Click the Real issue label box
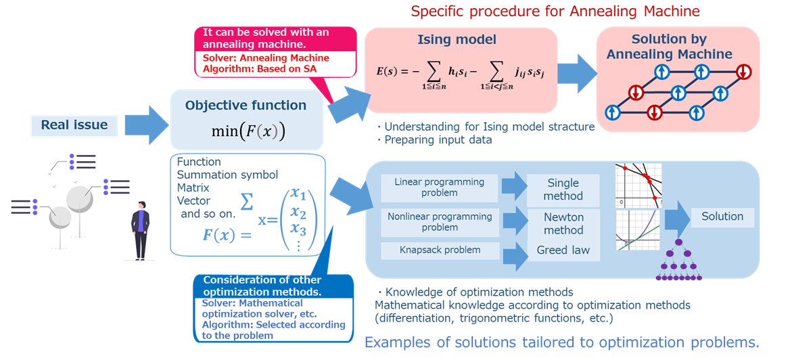[74, 125]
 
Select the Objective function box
[246, 119]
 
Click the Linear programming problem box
[439, 187]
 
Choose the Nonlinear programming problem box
[439, 222]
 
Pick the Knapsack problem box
[439, 250]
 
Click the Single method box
[563, 189]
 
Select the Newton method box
[563, 224]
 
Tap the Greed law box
[563, 250]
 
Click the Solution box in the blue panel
[722, 217]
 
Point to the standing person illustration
[141, 230]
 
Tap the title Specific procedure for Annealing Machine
[555, 12]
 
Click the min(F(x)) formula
[248, 131]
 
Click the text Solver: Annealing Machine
[266, 58]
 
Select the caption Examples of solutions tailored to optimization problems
[561, 342]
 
